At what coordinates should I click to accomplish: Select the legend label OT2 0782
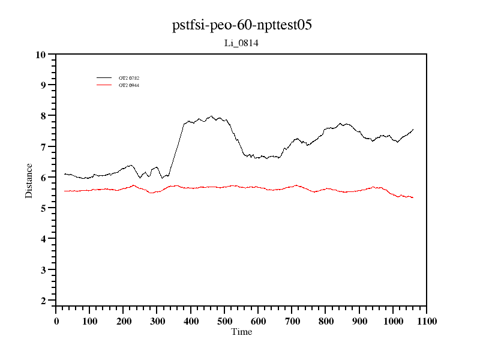coord(128,78)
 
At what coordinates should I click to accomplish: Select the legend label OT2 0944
coord(128,85)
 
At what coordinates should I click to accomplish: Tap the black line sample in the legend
coord(104,78)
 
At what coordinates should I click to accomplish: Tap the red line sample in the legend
coord(104,85)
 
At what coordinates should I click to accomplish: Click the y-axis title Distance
coord(29,181)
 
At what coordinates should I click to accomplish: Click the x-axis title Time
coord(241,332)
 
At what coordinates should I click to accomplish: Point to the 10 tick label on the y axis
coord(41,55)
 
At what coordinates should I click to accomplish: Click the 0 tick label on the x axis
coord(56,321)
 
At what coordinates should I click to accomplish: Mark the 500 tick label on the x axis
coord(224,321)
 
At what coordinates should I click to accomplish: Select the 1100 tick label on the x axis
coord(427,321)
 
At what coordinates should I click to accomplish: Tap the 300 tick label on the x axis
coord(157,321)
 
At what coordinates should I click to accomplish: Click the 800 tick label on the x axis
coord(326,321)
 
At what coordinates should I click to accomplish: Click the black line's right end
coord(413,129)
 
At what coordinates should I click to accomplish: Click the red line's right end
coord(413,197)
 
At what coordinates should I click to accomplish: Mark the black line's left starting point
coord(64,173)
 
